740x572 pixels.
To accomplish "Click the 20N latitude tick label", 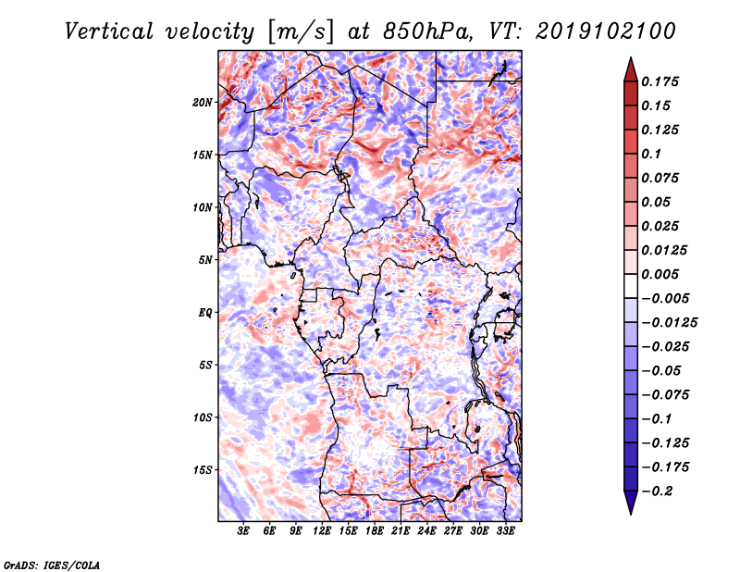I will click(x=203, y=102).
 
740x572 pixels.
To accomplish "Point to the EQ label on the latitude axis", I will click(x=205, y=313).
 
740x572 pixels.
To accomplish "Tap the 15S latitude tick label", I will click(x=203, y=470).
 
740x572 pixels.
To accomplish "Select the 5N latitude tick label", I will click(x=205, y=260).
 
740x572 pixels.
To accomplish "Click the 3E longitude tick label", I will click(x=244, y=532).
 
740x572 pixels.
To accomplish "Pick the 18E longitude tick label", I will click(x=375, y=532).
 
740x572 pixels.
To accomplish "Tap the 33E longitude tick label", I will click(x=506, y=532).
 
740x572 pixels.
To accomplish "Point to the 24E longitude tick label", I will click(x=427, y=532).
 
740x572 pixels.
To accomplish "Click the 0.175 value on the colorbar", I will click(x=660, y=81).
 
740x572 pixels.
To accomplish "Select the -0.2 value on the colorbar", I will click(x=659, y=491).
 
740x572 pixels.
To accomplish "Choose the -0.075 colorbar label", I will click(x=666, y=394).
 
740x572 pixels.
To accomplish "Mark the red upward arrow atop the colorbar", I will click(x=629, y=68).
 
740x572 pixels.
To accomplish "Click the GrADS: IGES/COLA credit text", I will click(x=51, y=564).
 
